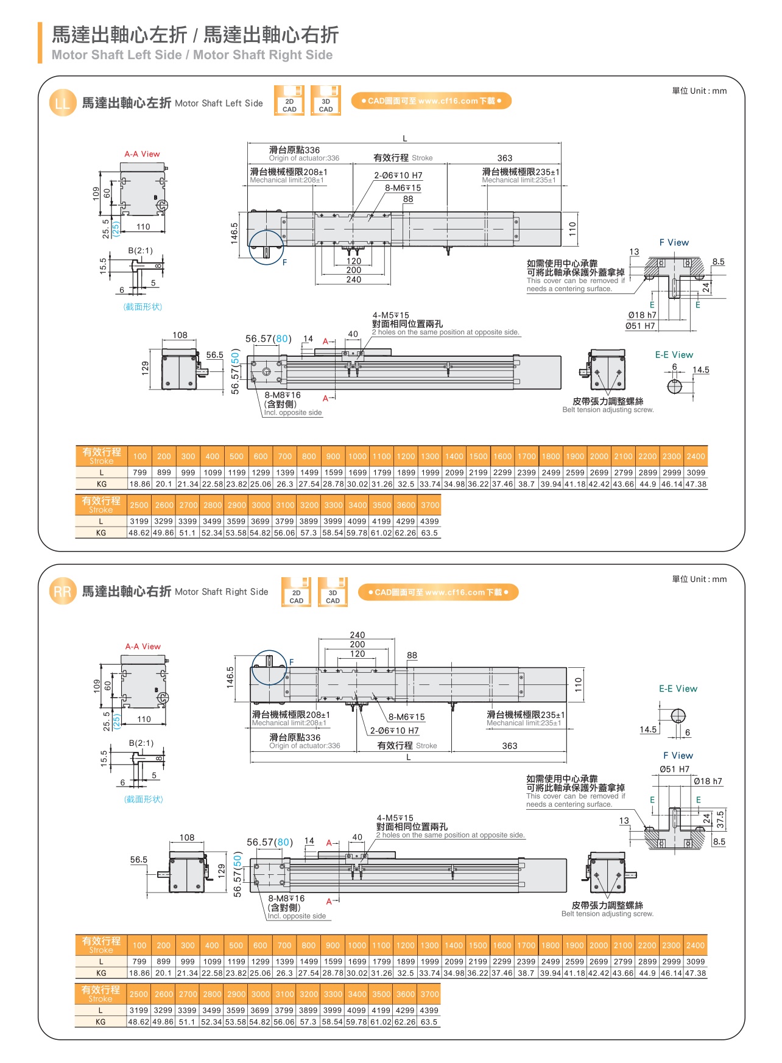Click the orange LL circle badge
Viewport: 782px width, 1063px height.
click(62, 103)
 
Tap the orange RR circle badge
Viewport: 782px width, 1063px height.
click(62, 592)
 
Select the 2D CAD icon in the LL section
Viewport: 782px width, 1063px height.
click(289, 101)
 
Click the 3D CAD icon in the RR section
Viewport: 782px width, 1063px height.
click(333, 592)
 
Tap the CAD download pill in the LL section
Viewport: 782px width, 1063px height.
click(431, 101)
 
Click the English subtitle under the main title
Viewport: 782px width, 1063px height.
click(192, 55)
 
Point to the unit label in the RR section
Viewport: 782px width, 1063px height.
click(699, 579)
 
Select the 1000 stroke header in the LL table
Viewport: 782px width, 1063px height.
click(358, 456)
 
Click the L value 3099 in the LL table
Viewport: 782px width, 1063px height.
click(696, 472)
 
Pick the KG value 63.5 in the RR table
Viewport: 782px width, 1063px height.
click(429, 1022)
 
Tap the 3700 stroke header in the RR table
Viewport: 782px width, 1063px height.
click(429, 994)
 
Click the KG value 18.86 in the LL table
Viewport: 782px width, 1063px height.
click(140, 484)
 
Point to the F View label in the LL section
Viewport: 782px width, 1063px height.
click(674, 242)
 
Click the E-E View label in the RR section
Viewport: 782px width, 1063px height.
click(678, 689)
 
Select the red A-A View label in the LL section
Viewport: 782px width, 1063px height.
click(142, 154)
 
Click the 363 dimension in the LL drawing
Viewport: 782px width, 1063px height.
click(504, 158)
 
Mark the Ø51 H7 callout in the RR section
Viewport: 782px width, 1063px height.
click(674, 769)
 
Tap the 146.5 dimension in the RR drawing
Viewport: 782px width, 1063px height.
click(230, 677)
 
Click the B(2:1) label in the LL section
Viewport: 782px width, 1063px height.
click(140, 250)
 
